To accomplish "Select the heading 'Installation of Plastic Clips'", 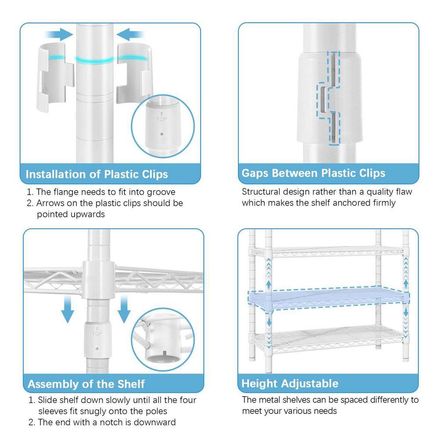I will (97, 174).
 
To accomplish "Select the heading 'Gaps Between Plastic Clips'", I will (313, 173).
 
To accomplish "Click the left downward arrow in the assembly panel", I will (67, 309).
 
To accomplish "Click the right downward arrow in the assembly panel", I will (124, 308).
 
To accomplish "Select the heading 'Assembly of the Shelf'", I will (86, 384).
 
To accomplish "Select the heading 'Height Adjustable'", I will (290, 383).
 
